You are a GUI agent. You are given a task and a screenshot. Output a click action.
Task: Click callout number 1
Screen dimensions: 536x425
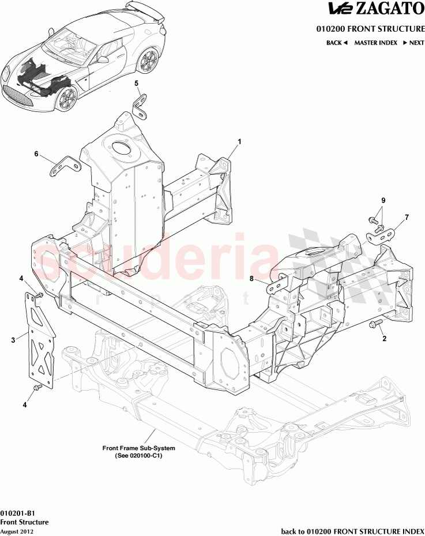(239, 141)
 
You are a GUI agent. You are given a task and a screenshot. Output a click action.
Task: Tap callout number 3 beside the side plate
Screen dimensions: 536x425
(13, 340)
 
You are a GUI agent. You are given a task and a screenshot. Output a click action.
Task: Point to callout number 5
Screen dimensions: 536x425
(137, 84)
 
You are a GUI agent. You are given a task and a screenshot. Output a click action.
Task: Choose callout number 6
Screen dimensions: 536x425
(36, 154)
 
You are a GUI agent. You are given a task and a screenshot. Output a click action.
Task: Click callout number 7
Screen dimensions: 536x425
(407, 218)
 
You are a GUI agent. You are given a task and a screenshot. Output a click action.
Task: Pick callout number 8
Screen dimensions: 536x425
(251, 279)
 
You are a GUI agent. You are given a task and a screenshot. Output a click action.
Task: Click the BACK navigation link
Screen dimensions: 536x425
(337, 43)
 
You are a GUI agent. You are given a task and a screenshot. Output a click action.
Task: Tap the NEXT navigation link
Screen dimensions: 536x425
(413, 43)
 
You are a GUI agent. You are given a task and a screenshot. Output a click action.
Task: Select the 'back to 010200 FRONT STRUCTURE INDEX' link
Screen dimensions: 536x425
(352, 530)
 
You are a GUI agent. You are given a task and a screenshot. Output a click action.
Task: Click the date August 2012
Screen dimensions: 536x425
(17, 531)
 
